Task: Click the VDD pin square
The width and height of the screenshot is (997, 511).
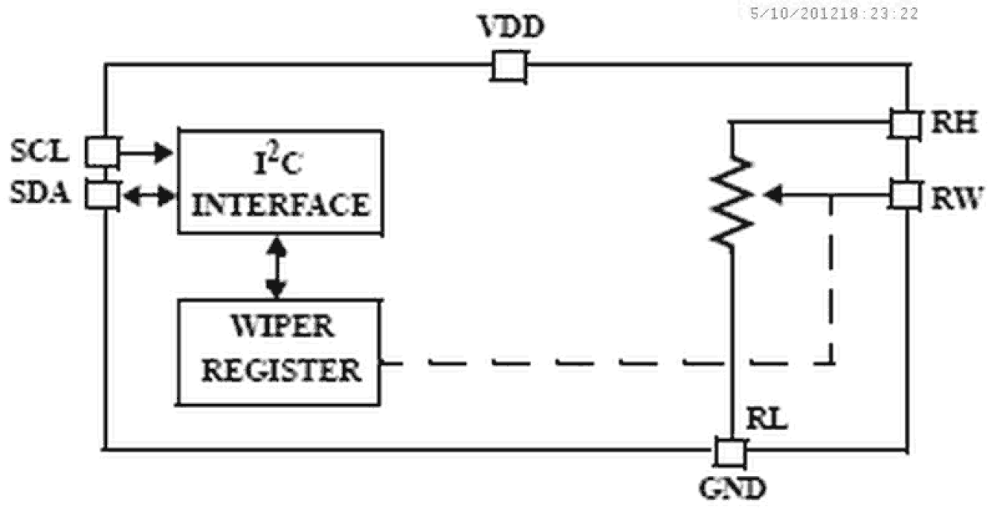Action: [x=508, y=66]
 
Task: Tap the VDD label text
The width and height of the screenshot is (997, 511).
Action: [x=511, y=29]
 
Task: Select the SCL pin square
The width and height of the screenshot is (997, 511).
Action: [x=102, y=151]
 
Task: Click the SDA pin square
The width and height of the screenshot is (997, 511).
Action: [x=102, y=194]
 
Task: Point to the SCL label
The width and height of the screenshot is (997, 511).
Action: [x=40, y=151]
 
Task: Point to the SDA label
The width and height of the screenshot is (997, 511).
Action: [x=40, y=194]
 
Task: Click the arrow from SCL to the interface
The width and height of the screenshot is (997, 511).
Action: [x=147, y=151]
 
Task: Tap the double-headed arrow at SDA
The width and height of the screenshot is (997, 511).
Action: [x=148, y=195]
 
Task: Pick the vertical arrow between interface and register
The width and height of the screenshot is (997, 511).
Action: [x=277, y=267]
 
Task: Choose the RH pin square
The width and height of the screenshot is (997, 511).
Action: [x=904, y=123]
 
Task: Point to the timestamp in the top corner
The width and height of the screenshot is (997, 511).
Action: [x=833, y=13]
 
